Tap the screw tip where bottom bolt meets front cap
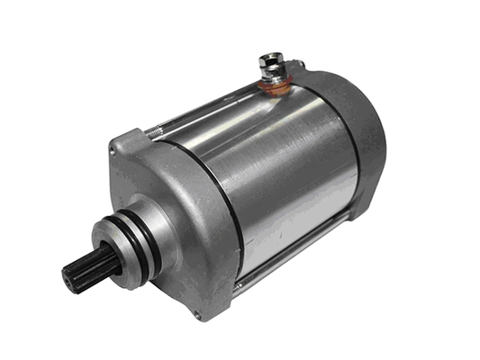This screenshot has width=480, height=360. click(x=239, y=285)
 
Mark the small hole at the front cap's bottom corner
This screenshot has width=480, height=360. click(x=197, y=313)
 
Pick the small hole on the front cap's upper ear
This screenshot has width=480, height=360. click(x=123, y=144)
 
